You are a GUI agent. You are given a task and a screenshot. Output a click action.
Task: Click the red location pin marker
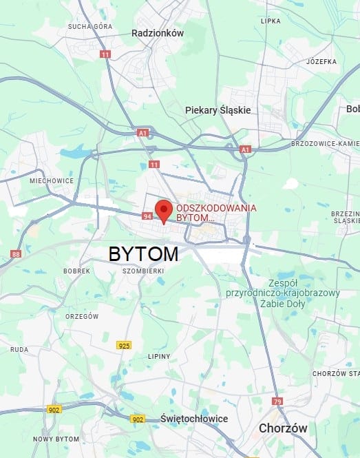163,210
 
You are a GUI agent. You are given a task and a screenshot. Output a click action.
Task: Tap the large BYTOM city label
143,253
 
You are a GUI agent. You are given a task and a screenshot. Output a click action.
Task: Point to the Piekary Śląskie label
218,110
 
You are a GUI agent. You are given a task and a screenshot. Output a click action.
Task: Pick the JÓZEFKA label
321,61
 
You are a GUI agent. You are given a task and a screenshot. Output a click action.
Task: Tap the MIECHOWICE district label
52,180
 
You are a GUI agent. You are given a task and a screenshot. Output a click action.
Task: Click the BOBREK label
76,271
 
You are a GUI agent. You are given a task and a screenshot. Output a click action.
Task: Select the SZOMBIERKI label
142,271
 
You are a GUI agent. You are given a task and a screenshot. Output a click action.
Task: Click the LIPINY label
160,356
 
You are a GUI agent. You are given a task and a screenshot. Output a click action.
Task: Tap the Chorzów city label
283,428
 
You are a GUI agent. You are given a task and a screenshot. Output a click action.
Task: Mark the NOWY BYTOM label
56,439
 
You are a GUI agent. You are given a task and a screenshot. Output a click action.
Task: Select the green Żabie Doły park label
283,293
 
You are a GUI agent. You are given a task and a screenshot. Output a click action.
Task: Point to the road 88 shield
17,254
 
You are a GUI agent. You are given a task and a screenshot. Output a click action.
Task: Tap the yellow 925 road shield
124,345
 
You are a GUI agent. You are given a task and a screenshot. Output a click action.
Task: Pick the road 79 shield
277,402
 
